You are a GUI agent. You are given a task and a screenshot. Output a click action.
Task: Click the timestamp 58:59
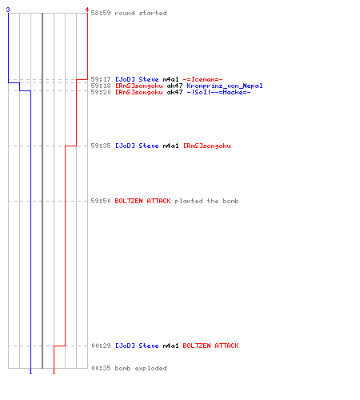pyautogui.click(x=101, y=13)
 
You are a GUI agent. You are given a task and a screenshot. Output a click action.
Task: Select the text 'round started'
pyautogui.click(x=141, y=13)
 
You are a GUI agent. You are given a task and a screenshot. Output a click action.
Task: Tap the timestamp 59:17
pyautogui.click(x=101, y=79)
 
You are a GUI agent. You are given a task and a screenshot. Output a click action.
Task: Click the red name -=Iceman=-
pyautogui.click(x=202, y=79)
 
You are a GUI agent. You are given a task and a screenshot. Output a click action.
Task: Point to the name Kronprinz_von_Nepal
pyautogui.click(x=225, y=86)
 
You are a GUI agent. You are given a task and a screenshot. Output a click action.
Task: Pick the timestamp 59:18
pyautogui.click(x=101, y=86)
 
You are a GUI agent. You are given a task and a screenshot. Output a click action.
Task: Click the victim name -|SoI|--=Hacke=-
pyautogui.click(x=218, y=92)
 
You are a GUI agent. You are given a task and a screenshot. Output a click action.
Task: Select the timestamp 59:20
pyautogui.click(x=101, y=92)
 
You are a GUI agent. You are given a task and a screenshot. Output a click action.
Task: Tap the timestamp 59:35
pyautogui.click(x=101, y=146)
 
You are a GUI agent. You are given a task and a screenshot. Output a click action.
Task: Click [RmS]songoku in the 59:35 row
pyautogui.click(x=207, y=146)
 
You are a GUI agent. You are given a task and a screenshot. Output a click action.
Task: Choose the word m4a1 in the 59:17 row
pyautogui.click(x=170, y=79)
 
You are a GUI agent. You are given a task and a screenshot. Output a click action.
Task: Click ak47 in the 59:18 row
pyautogui.click(x=174, y=86)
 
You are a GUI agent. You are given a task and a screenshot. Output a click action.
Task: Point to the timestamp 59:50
pyautogui.click(x=101, y=201)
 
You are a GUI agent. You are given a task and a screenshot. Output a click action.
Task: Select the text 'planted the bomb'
pyautogui.click(x=206, y=201)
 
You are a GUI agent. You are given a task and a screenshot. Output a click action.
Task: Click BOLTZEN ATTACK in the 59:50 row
pyautogui.click(x=142, y=201)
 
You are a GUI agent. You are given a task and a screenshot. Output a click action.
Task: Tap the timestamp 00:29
pyautogui.click(x=101, y=346)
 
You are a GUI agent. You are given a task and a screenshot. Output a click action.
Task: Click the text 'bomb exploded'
pyautogui.click(x=141, y=368)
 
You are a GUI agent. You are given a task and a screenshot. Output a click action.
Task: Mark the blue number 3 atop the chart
pyautogui.click(x=8, y=10)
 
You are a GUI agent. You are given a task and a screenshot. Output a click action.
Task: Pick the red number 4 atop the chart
pyautogui.click(x=87, y=10)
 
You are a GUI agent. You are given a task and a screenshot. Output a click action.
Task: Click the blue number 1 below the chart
pyautogui.click(x=30, y=371)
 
